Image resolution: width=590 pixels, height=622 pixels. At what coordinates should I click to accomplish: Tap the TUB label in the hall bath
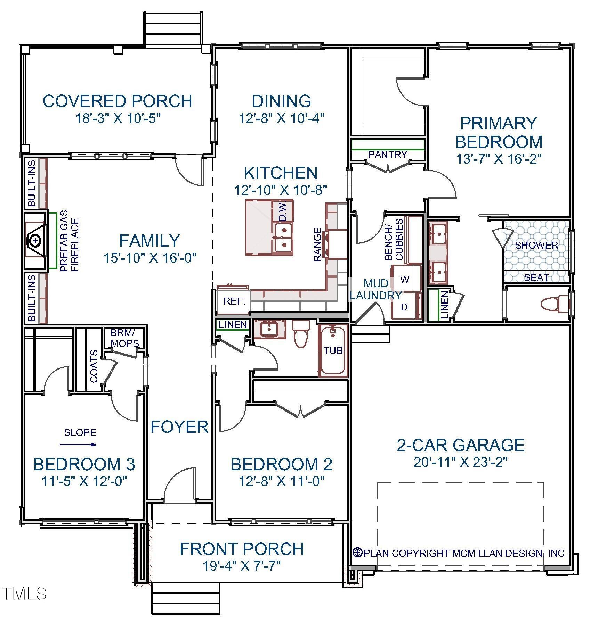click(333, 350)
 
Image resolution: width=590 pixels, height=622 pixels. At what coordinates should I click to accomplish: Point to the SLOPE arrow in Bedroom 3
click(78, 444)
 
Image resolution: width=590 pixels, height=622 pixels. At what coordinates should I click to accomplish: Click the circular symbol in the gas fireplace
click(35, 240)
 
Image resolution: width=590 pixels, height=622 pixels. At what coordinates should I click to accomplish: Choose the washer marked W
click(405, 280)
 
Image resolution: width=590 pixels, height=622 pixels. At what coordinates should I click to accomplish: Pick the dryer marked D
click(404, 307)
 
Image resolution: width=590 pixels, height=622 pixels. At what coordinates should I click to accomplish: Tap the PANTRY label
click(388, 155)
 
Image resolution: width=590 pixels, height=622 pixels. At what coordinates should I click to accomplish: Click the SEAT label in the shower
click(536, 277)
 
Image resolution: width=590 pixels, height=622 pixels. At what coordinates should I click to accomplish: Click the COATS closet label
click(94, 366)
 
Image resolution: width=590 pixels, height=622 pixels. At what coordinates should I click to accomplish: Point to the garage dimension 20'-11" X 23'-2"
click(461, 462)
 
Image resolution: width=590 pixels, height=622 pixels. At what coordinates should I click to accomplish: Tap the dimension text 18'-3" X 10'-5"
click(118, 118)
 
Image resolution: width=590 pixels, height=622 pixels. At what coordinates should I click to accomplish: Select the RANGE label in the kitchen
click(317, 244)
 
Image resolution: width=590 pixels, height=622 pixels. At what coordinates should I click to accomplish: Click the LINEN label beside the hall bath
click(233, 324)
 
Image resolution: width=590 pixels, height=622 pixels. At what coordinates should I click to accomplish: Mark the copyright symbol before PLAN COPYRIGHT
click(357, 552)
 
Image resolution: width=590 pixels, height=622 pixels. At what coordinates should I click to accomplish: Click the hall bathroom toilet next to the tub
click(300, 334)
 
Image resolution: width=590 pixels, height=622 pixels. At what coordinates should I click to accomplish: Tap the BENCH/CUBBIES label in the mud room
click(394, 239)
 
